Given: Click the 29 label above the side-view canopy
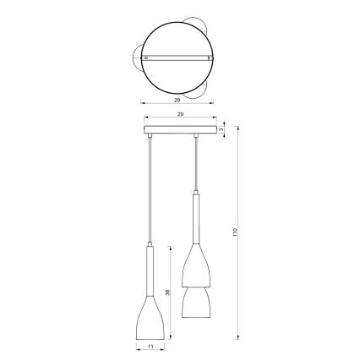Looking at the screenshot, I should pyautogui.click(x=179, y=112).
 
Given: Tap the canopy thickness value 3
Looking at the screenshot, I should pyautogui.click(x=221, y=129).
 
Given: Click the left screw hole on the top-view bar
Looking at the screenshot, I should pyautogui.click(x=148, y=57).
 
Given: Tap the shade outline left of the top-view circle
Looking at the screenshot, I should pyautogui.click(x=136, y=56).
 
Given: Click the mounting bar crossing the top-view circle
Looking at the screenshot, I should pyautogui.click(x=177, y=57).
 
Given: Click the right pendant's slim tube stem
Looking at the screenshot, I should pyautogui.click(x=197, y=215).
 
